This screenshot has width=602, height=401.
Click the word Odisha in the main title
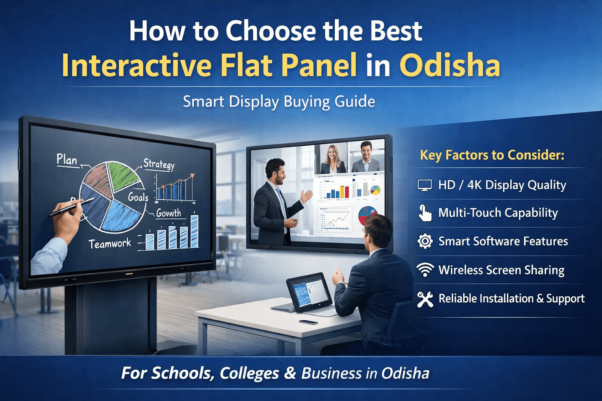tap(450, 65)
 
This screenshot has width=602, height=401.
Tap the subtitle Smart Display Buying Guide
tap(279, 102)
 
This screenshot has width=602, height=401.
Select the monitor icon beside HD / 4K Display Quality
tap(424, 185)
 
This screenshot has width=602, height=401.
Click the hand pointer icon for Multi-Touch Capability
tap(425, 213)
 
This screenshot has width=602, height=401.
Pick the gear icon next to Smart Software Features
tap(425, 241)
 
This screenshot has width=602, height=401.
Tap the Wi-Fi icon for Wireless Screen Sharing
tap(425, 270)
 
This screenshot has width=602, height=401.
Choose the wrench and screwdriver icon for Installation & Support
tap(425, 299)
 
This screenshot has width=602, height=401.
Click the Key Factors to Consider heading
tap(492, 155)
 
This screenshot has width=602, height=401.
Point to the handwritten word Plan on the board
tap(67, 160)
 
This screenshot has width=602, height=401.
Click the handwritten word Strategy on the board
tap(159, 164)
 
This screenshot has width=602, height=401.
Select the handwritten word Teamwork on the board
tap(110, 244)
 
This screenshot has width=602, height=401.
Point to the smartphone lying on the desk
tap(308, 322)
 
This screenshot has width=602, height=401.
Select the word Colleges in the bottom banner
tap(249, 373)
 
